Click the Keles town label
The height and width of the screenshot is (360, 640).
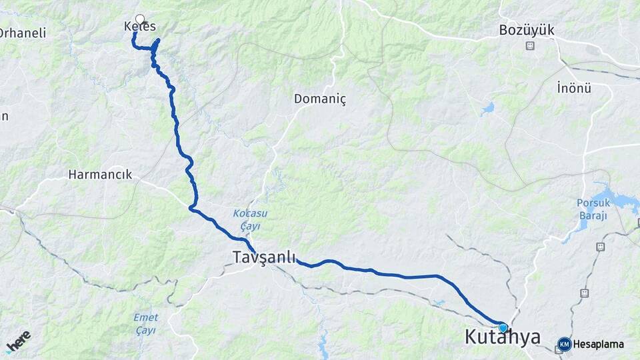tap(140, 27)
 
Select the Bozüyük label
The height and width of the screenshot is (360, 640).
tap(527, 30)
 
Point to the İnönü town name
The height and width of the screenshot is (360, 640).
tap(574, 87)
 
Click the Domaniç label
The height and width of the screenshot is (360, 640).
tap(320, 99)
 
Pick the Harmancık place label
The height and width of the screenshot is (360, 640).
tap(100, 175)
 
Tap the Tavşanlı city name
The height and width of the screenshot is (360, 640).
tap(264, 257)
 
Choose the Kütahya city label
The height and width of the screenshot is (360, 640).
tap(502, 337)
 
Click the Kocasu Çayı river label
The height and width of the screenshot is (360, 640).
tap(249, 219)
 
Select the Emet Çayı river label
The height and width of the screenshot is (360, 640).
tap(145, 323)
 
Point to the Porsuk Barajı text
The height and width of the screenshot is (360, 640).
tap(593, 209)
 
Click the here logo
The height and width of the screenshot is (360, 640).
tap(18, 342)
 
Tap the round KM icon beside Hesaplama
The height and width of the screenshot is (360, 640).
tap(564, 344)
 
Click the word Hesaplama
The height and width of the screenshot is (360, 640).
tap(599, 345)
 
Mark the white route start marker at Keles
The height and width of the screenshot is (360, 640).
tap(140, 19)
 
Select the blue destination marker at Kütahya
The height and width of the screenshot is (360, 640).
tap(503, 327)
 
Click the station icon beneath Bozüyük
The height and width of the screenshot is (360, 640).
tap(530, 46)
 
